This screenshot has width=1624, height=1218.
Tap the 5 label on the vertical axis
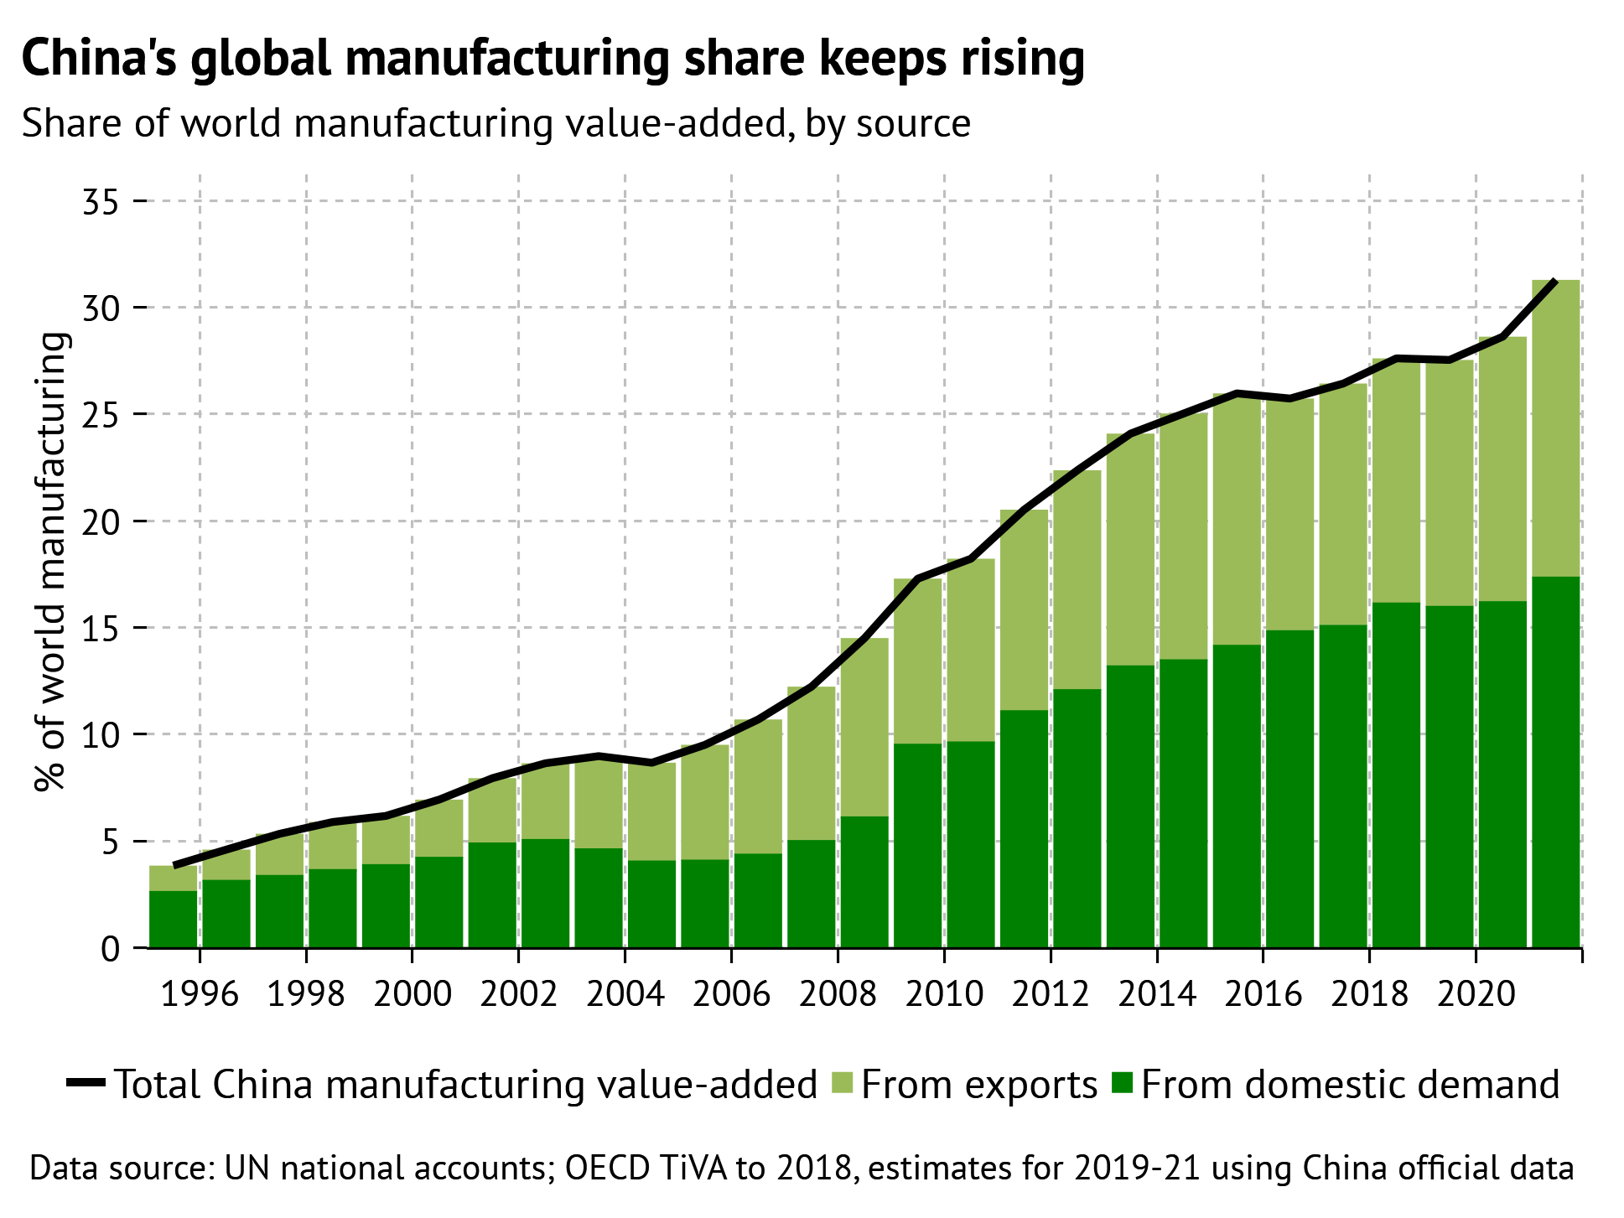[x=112, y=842]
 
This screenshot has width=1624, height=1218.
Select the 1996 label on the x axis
[x=200, y=994]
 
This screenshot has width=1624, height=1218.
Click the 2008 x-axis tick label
[x=838, y=994]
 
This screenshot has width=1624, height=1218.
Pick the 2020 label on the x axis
[x=1476, y=994]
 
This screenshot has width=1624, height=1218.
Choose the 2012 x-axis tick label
[x=1051, y=994]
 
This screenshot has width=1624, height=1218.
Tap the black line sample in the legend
[x=86, y=1084]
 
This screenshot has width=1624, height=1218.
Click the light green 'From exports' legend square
[x=841, y=1084]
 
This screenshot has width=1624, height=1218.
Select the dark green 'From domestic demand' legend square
[x=1122, y=1084]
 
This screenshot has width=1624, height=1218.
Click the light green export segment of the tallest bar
[x=1555, y=428]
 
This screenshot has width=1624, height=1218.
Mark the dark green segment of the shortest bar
[x=173, y=919]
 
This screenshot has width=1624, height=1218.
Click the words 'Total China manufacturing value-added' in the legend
[x=465, y=1084]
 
